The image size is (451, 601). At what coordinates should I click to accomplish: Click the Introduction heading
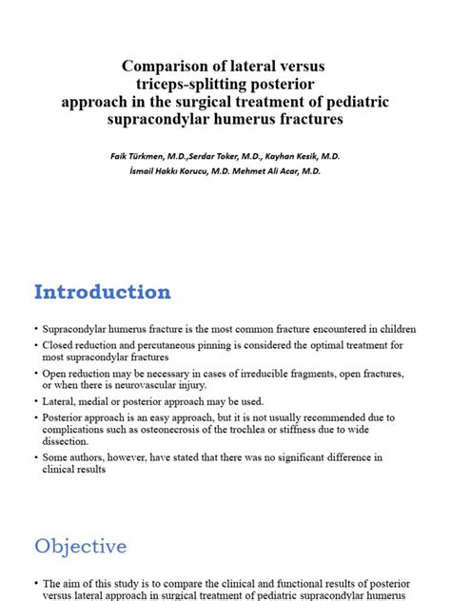click(x=103, y=291)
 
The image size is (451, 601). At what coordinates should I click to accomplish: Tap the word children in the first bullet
click(x=398, y=329)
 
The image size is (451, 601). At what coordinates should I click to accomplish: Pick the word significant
click(x=323, y=457)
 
